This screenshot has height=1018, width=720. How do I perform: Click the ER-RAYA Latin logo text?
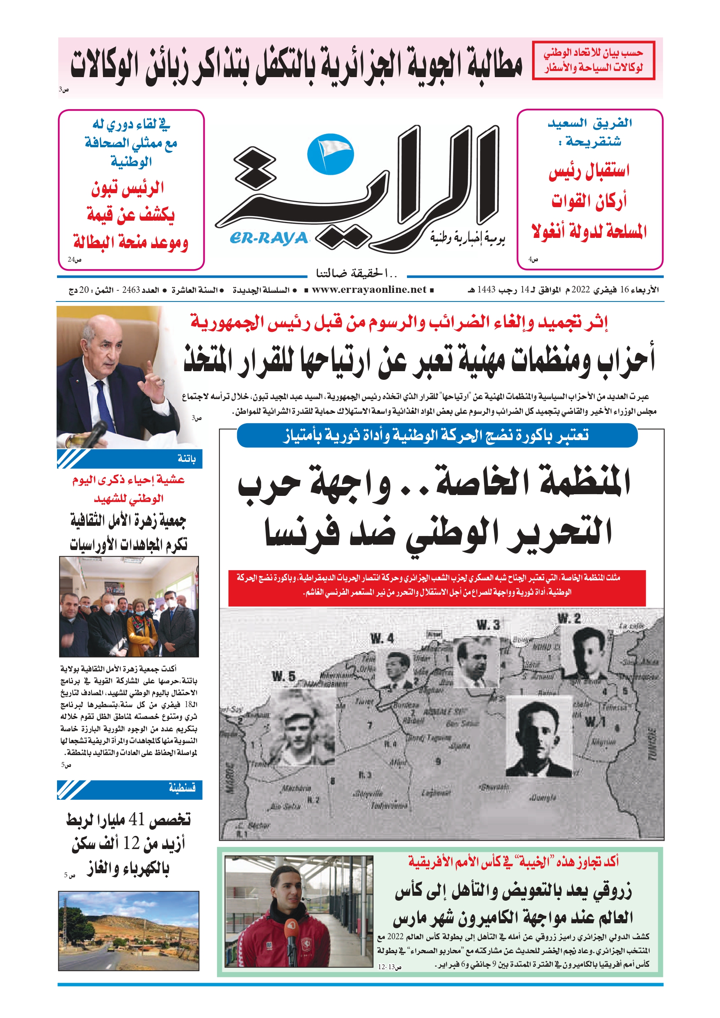pyautogui.click(x=269, y=239)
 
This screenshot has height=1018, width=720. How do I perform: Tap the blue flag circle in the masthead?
pyautogui.click(x=330, y=154)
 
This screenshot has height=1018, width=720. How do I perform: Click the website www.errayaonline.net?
pyautogui.click(x=369, y=290)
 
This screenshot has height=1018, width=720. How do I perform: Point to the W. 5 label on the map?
pyautogui.click(x=283, y=677)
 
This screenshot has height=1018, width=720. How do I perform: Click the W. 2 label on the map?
pyautogui.click(x=569, y=618)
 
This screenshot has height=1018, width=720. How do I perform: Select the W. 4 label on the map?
pyautogui.click(x=382, y=639)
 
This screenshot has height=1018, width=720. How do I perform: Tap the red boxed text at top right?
pyautogui.click(x=593, y=61)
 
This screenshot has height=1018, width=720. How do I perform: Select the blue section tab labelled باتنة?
pyautogui.click(x=130, y=459)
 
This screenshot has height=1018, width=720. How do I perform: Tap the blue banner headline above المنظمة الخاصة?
pyautogui.click(x=437, y=436)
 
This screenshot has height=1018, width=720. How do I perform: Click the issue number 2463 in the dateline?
pyautogui.click(x=131, y=290)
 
